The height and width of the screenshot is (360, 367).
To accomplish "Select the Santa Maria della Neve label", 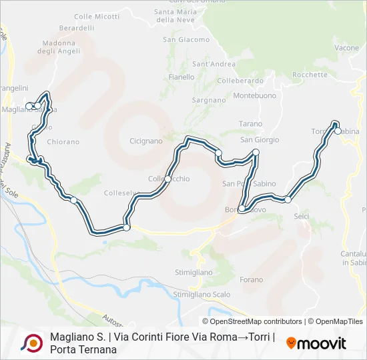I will click(x=175, y=15).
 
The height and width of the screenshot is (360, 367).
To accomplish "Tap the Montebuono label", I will click(x=255, y=95).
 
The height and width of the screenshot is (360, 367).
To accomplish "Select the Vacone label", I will click(x=347, y=48).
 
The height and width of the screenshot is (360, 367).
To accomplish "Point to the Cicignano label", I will click(x=146, y=141).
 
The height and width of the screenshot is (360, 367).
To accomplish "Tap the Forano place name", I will click(x=252, y=280).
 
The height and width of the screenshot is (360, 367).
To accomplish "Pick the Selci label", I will click(x=302, y=216).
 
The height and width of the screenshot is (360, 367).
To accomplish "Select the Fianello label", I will click(x=181, y=77).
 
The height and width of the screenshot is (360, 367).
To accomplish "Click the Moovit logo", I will click(x=316, y=343).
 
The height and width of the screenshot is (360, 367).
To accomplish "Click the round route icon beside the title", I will click(x=31, y=343).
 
